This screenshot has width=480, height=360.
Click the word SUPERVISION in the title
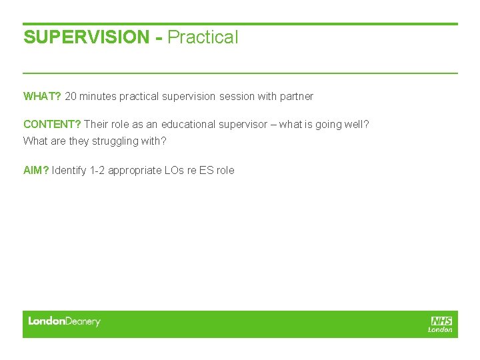86,37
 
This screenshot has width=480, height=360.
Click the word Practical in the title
203,37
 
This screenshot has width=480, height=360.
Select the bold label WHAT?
42,97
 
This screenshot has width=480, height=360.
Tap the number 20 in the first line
71,97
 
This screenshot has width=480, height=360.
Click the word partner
296,97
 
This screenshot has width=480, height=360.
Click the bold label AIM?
36,171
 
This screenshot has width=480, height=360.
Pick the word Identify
70,171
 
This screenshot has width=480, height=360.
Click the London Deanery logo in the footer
64,321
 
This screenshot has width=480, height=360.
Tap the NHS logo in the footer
441,323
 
